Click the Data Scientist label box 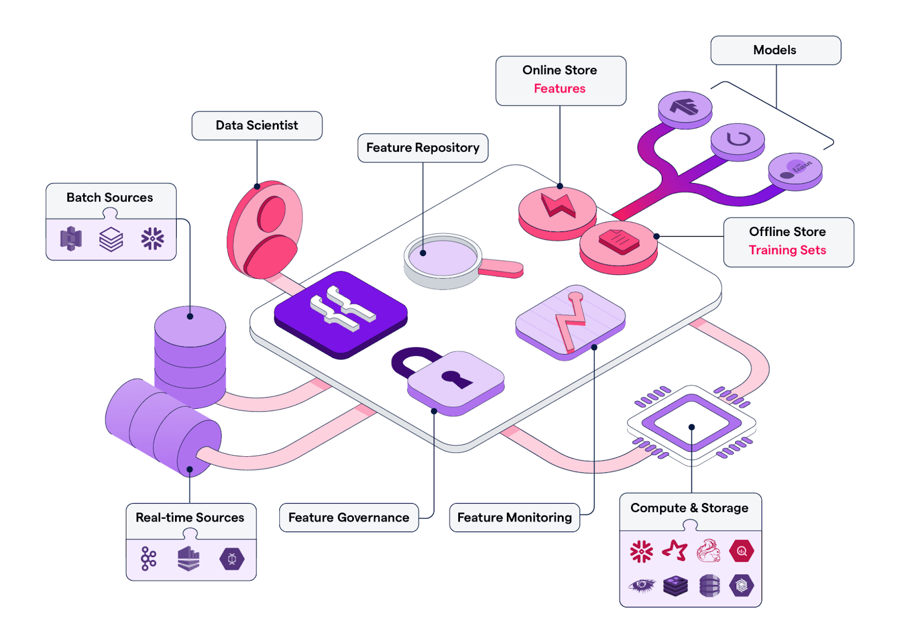point(256,125)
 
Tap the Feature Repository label point(422,148)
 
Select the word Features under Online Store point(559,88)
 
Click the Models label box point(775,50)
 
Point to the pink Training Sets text point(787,250)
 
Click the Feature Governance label point(348,517)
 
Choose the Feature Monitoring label point(514,517)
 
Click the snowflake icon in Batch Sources point(152,239)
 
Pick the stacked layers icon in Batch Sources point(111,239)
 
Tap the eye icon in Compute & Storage point(642,585)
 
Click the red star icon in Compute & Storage point(675,551)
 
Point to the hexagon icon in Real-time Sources point(232,559)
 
